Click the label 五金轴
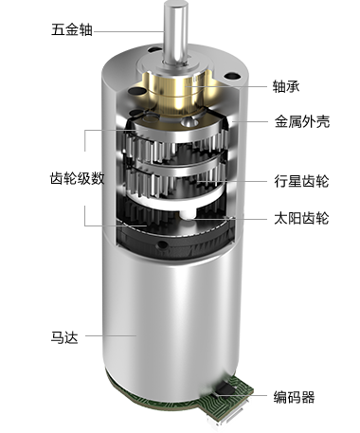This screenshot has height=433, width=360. (72, 30)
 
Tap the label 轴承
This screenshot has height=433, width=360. (286, 86)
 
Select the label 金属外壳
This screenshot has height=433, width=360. (302, 121)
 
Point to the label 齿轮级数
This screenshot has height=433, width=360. (78, 179)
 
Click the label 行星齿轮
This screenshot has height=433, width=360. (301, 181)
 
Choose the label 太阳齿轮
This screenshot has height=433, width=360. (301, 218)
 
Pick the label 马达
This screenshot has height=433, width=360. (64, 337)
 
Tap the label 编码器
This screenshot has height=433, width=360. (294, 397)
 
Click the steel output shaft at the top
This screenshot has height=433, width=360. (173, 32)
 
